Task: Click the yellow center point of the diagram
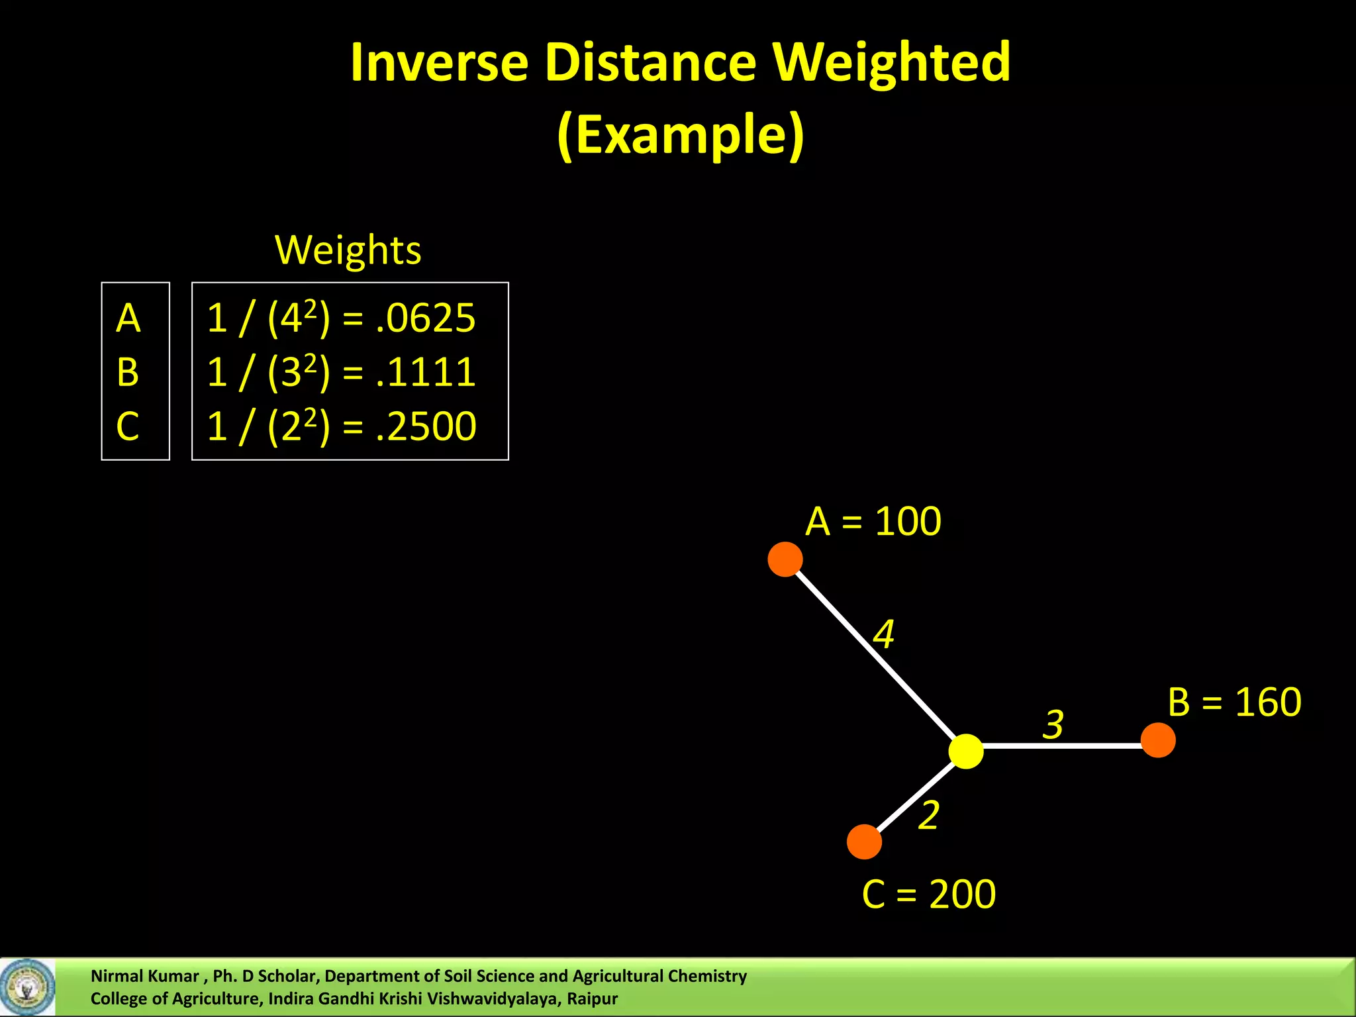966,751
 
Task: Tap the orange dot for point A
785,559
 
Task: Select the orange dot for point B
1158,740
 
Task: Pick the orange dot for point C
864,842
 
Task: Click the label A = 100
873,521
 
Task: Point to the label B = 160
1234,702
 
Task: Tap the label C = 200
928,894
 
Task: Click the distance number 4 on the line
884,634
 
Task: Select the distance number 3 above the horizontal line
1053,724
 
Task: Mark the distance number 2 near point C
929,814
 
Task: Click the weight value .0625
426,318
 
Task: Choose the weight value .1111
426,372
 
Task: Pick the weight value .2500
426,426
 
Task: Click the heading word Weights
348,250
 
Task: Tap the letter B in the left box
128,372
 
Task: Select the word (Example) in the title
681,134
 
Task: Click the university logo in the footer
27,987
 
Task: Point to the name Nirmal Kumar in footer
144,976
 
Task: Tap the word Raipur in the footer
592,998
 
